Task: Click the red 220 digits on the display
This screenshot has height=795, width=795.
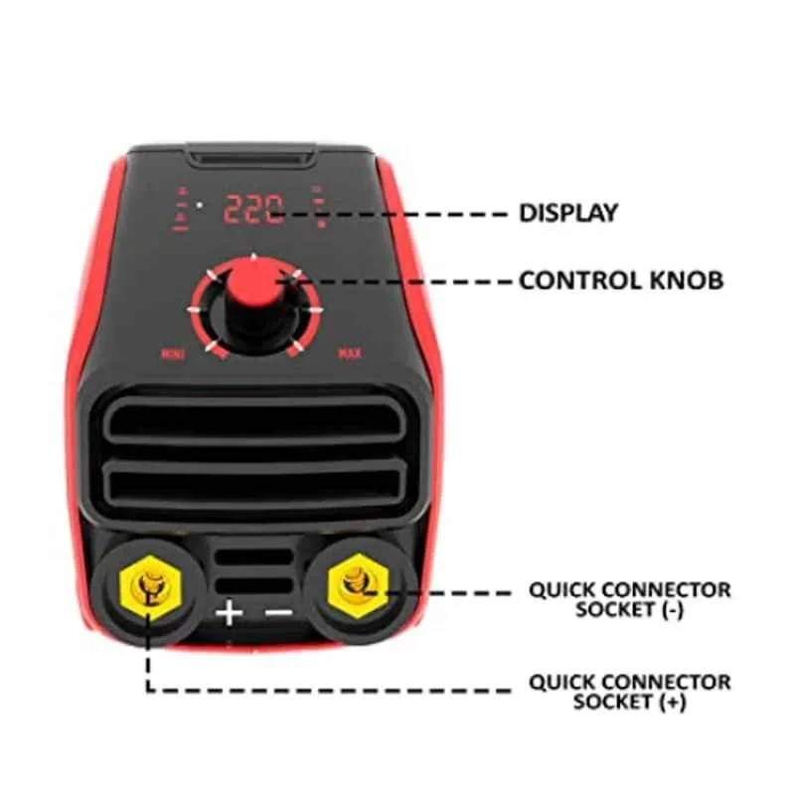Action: [252, 210]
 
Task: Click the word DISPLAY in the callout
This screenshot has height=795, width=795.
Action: [568, 213]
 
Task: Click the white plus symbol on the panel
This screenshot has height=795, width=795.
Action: [230, 612]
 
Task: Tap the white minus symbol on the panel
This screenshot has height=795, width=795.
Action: [280, 612]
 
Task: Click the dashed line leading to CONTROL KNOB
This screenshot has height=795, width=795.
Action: [407, 280]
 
